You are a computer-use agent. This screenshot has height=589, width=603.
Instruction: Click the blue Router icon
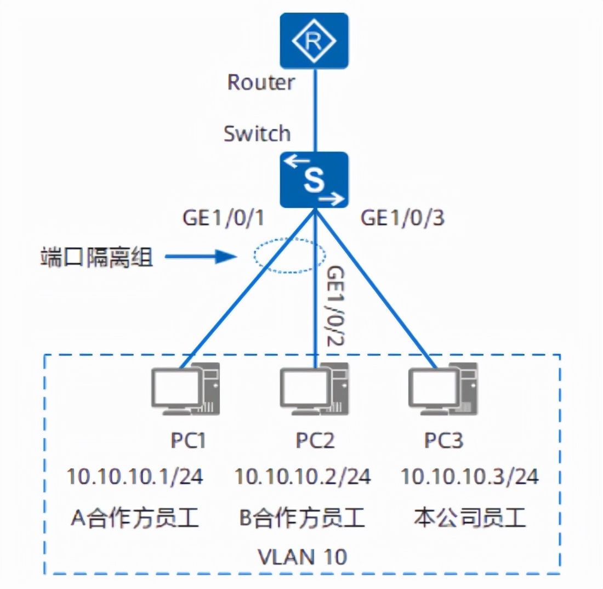click(x=314, y=41)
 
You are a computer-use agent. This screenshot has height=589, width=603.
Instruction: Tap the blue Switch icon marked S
click(x=314, y=180)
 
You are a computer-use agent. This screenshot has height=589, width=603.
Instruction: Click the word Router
click(x=261, y=82)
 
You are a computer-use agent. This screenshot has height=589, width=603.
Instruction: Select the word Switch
click(x=257, y=133)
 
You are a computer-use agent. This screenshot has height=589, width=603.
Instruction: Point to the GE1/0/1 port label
click(x=224, y=218)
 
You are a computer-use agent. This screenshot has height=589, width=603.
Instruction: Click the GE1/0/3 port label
click(x=402, y=218)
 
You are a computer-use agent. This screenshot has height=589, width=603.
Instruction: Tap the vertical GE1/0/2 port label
click(x=335, y=306)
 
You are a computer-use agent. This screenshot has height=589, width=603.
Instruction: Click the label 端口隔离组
click(x=96, y=257)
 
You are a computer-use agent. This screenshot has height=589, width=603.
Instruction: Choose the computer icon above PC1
click(x=185, y=389)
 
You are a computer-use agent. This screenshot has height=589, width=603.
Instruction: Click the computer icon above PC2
click(x=315, y=389)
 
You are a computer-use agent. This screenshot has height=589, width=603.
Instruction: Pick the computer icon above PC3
click(x=443, y=389)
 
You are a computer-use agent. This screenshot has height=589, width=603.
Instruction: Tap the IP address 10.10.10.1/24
click(x=135, y=476)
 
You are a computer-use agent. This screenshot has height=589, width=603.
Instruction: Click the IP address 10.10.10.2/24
click(x=303, y=476)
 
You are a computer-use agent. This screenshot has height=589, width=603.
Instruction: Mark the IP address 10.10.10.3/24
click(x=470, y=476)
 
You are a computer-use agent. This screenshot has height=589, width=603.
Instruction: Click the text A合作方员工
click(x=135, y=518)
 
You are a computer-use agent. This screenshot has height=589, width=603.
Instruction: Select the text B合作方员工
click(x=302, y=518)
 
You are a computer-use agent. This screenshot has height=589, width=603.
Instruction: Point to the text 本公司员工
click(x=470, y=518)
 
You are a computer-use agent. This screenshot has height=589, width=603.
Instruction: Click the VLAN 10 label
click(x=302, y=557)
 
